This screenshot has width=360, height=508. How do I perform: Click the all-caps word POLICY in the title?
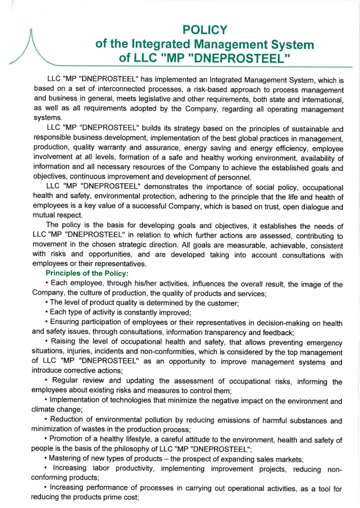pyautogui.click(x=205, y=30)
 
